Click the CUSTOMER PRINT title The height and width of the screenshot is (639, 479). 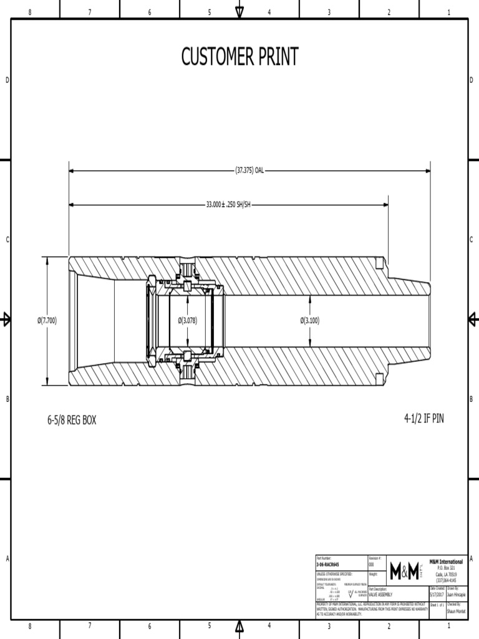pyautogui.click(x=239, y=57)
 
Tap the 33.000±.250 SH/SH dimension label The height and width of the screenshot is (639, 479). pyautogui.click(x=228, y=204)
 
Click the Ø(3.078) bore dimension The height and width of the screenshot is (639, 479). pyautogui.click(x=188, y=321)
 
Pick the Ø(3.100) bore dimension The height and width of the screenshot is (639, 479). pyautogui.click(x=310, y=321)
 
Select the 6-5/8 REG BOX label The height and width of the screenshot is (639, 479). pyautogui.click(x=72, y=420)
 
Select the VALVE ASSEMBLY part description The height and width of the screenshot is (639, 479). pyautogui.click(x=382, y=595)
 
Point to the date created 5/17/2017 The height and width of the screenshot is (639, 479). pyautogui.click(x=437, y=595)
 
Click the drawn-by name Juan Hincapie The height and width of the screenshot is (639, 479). pyautogui.click(x=456, y=595)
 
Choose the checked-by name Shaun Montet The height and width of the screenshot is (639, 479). pyautogui.click(x=456, y=612)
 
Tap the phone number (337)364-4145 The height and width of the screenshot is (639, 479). pyautogui.click(x=447, y=580)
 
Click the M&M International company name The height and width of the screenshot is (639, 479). pyautogui.click(x=447, y=562)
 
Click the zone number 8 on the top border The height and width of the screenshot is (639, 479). pyautogui.click(x=30, y=12)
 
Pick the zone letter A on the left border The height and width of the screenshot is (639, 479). pyautogui.click(x=7, y=559)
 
